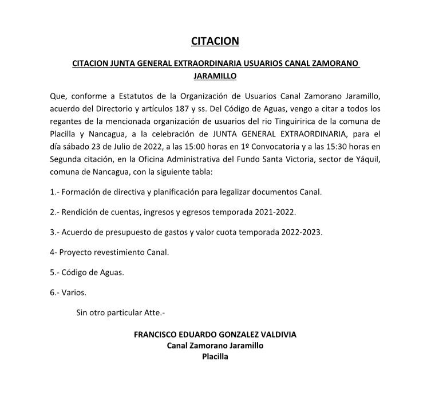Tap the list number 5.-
pyautogui.click(x=55, y=273)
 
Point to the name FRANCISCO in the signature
pyautogui.click(x=159, y=334)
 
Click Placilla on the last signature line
pyautogui.click(x=215, y=356)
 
